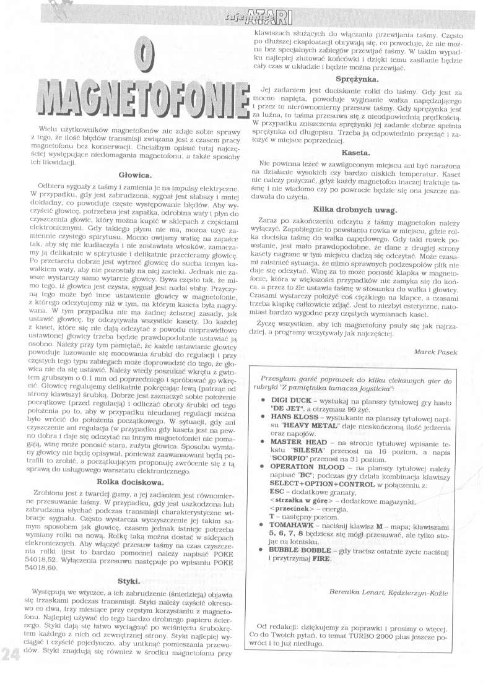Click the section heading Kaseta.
[x=356, y=152]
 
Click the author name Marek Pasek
[x=435, y=352]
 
